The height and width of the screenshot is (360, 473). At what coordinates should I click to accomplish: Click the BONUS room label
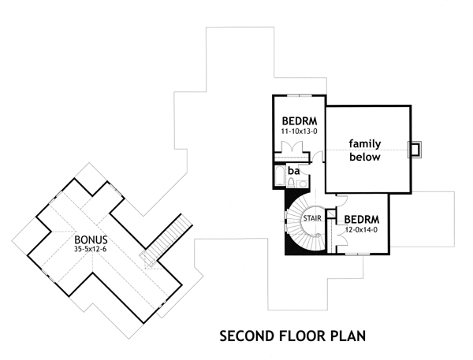tap(91, 238)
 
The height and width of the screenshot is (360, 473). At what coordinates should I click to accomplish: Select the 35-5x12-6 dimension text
tap(91, 249)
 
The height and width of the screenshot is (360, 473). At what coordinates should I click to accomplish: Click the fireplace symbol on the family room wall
tap(415, 149)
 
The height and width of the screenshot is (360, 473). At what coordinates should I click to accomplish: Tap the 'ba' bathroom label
tap(293, 169)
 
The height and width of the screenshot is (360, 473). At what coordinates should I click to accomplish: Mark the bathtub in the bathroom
tap(279, 175)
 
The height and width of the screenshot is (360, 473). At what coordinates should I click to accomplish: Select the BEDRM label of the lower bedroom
tap(363, 218)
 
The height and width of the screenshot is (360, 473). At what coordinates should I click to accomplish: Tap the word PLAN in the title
tap(348, 336)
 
